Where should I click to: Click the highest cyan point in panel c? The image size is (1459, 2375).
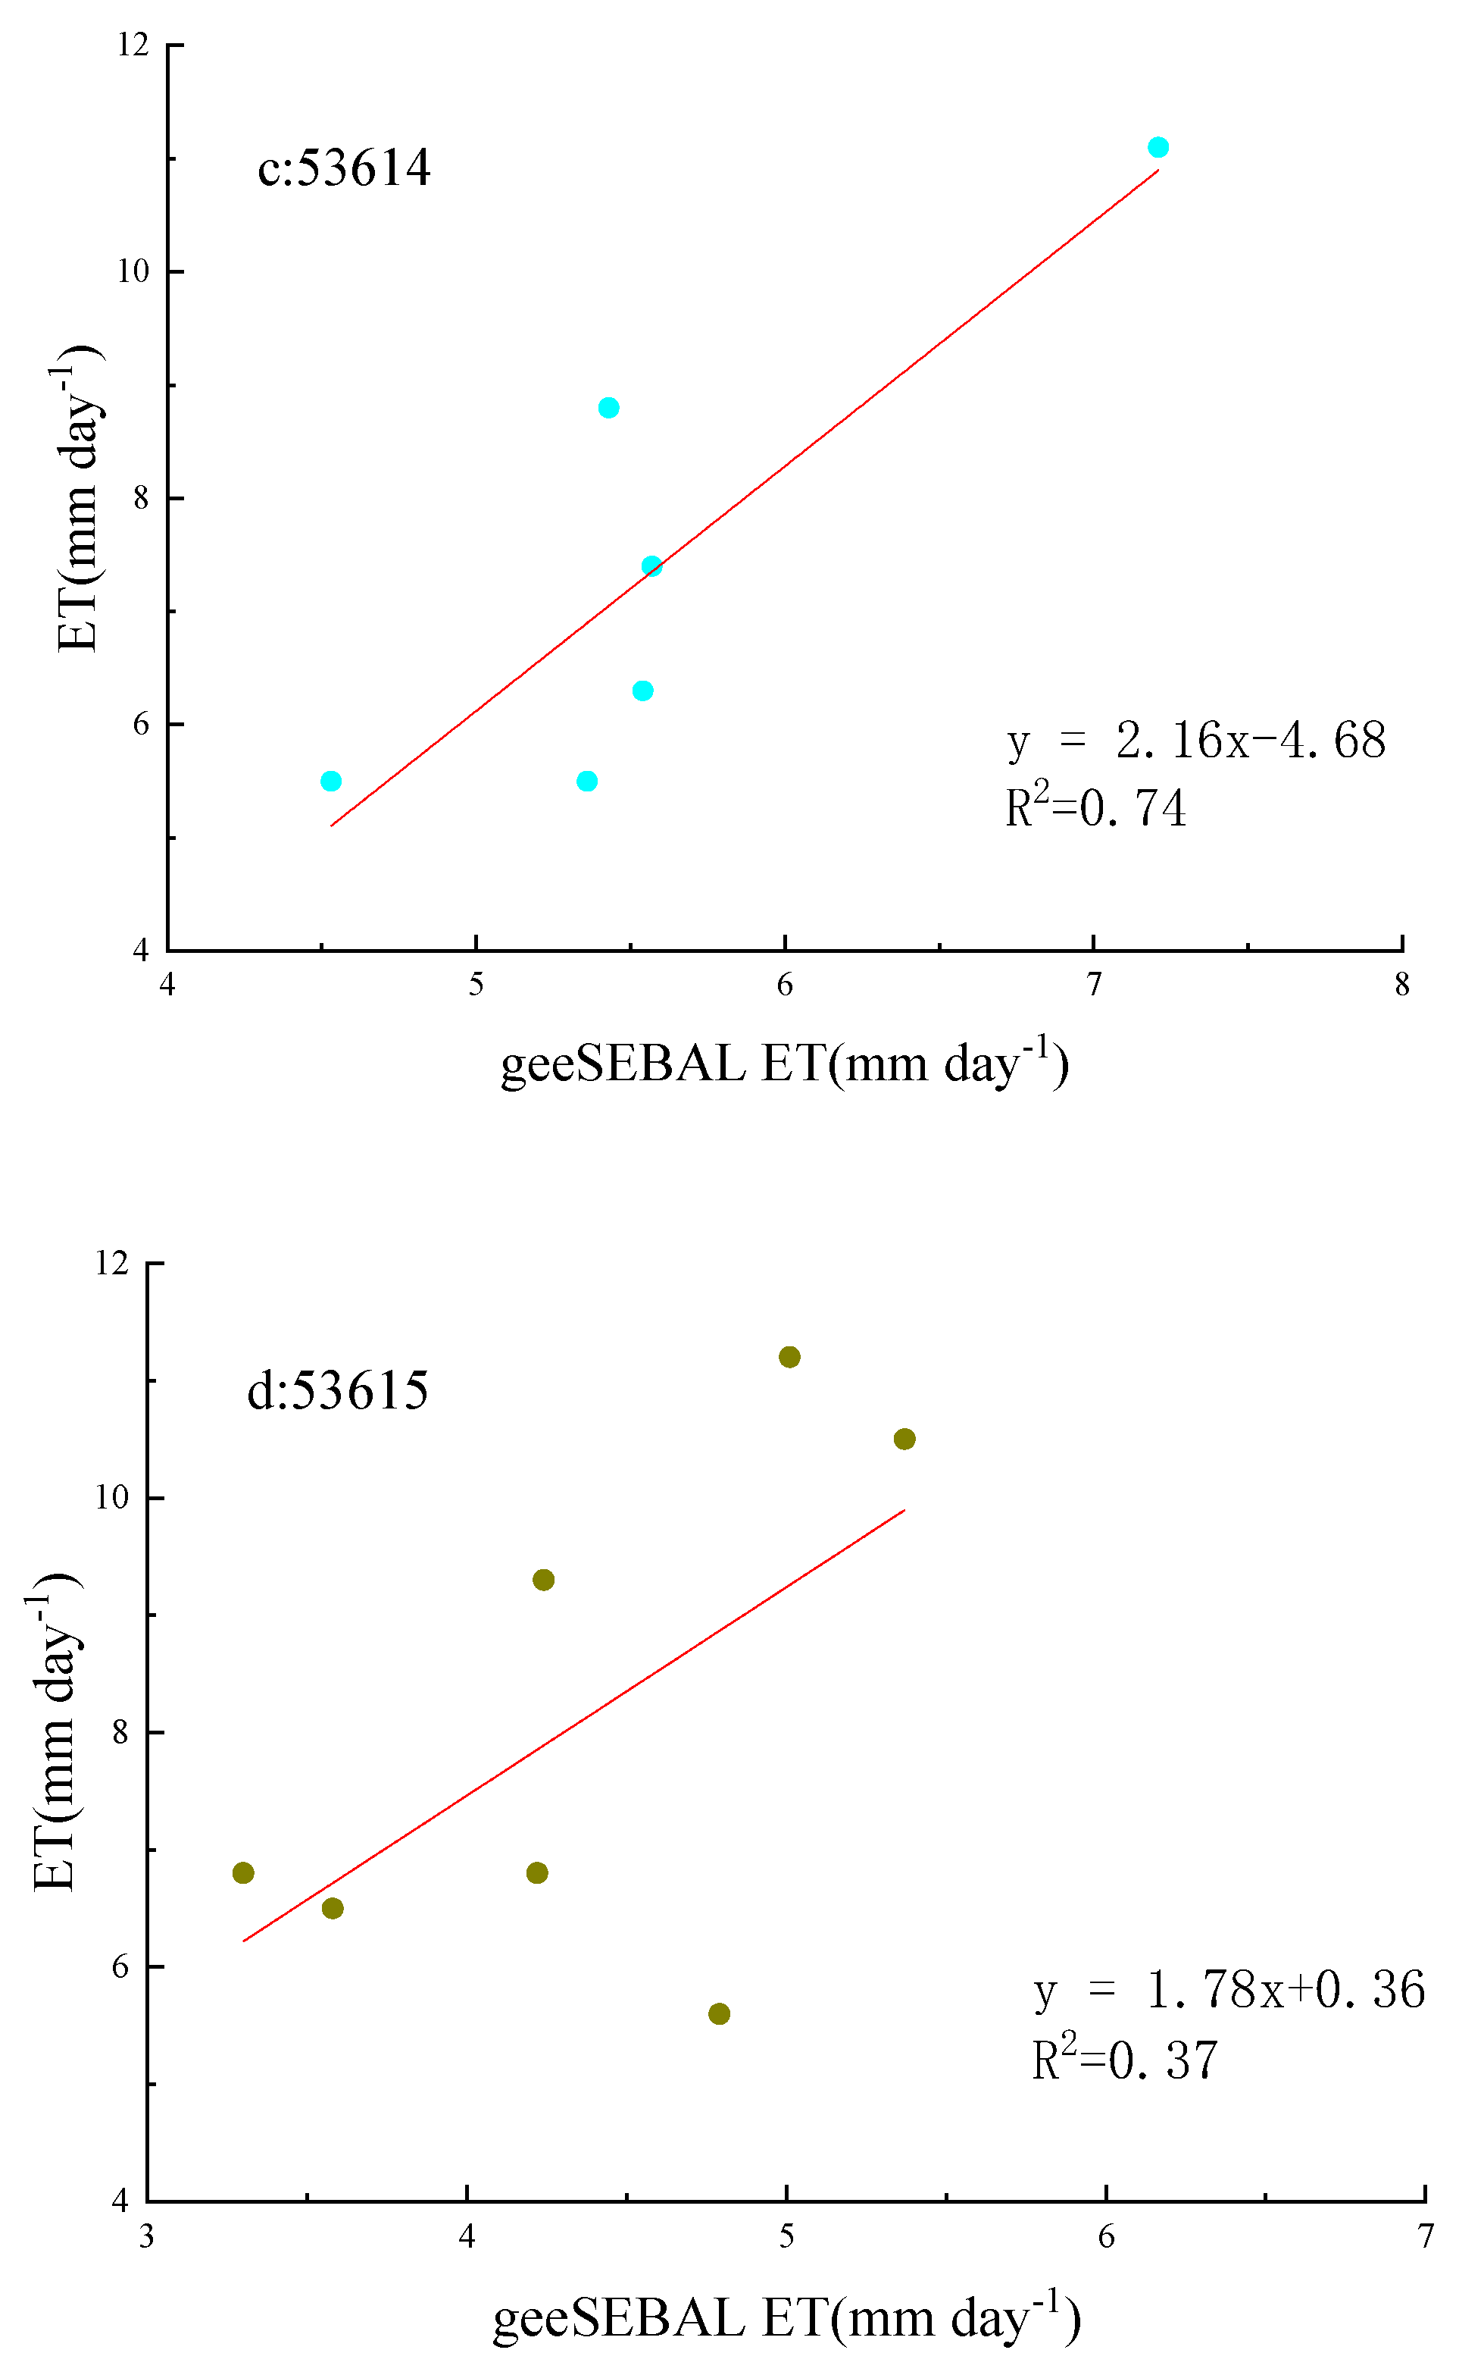(1158, 147)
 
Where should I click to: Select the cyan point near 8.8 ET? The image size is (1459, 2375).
(608, 407)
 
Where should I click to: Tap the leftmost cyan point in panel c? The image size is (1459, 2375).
(331, 781)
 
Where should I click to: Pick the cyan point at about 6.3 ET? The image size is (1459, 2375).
(642, 691)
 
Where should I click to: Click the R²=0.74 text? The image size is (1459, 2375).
(1095, 808)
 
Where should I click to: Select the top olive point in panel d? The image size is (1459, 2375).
(789, 1356)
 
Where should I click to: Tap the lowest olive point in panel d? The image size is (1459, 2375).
(719, 2013)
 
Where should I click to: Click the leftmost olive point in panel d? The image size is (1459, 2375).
(243, 1872)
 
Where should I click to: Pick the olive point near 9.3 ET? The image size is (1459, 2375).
(543, 1580)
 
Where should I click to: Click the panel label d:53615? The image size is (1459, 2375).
(337, 1390)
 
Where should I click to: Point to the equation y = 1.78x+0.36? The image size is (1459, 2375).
(1229, 1990)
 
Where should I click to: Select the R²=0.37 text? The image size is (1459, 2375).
(1124, 2060)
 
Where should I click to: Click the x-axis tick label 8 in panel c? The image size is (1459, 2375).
(1402, 985)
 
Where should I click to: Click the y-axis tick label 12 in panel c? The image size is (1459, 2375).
(133, 45)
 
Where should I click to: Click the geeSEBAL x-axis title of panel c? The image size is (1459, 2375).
(783, 1064)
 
